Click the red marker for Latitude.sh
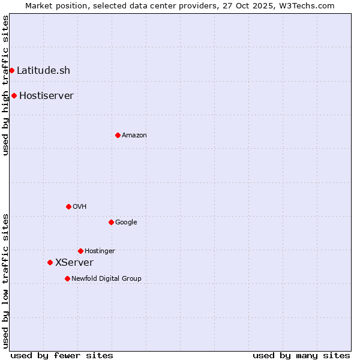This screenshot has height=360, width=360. [x=11, y=70]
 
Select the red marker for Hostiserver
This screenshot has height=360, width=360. [x=14, y=95]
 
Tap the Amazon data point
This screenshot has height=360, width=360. [x=118, y=135]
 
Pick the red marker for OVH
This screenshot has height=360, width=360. [x=68, y=206]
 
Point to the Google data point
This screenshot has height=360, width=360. [x=111, y=222]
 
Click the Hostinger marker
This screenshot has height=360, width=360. [x=80, y=251]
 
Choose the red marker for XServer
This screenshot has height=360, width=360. [x=50, y=262]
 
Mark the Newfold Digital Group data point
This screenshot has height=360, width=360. [x=67, y=278]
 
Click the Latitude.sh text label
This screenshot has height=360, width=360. [x=43, y=70]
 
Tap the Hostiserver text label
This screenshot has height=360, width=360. [x=46, y=95]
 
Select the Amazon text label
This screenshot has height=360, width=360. [x=134, y=135]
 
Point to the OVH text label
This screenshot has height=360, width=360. [x=80, y=206]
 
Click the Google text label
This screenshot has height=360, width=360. [x=126, y=222]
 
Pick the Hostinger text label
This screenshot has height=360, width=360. [x=100, y=251]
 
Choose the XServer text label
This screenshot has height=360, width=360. [x=74, y=262]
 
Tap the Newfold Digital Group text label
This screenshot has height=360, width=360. [x=106, y=278]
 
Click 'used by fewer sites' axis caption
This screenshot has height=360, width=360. [x=62, y=355]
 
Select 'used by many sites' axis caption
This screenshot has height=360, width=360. [x=301, y=355]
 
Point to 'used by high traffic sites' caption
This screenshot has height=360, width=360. [x=5, y=85]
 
